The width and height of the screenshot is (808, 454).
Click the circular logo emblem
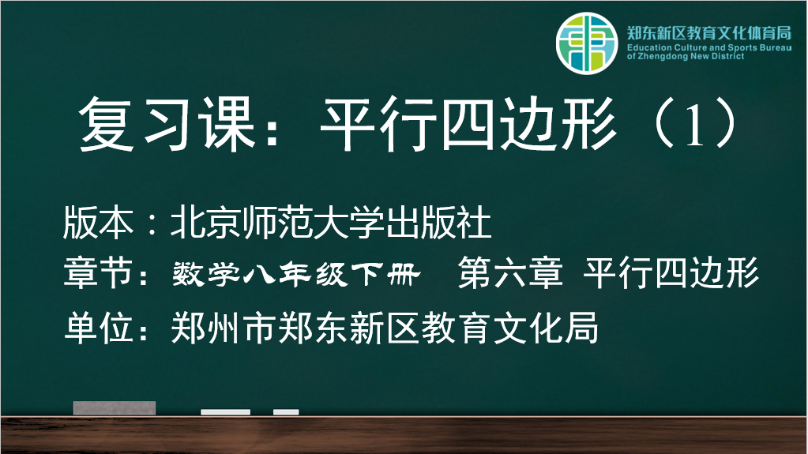coord(586,43)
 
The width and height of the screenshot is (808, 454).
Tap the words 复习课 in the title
coord(167,125)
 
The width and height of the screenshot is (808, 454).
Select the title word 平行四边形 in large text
coord(468,125)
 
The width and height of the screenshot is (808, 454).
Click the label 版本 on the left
coord(98,223)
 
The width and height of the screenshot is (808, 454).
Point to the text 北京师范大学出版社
coord(331,223)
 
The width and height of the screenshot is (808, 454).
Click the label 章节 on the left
coord(98,272)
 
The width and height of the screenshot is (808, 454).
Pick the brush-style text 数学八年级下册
coord(296,274)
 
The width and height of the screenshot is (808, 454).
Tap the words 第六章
coord(510,272)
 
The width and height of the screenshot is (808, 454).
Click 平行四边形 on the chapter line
coord(671,272)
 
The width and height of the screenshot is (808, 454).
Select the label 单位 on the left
coord(99,328)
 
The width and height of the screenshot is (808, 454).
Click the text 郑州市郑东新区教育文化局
coord(385,328)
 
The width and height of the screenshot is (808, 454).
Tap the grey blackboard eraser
coord(115,408)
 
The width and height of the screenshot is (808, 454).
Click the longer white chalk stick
coord(226,411)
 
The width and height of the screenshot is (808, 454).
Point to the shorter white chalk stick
coord(286,411)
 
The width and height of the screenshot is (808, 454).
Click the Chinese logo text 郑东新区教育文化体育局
coord(709,33)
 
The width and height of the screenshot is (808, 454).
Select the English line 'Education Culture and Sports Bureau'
coord(709,47)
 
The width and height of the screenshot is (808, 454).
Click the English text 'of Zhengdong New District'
coord(686,56)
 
